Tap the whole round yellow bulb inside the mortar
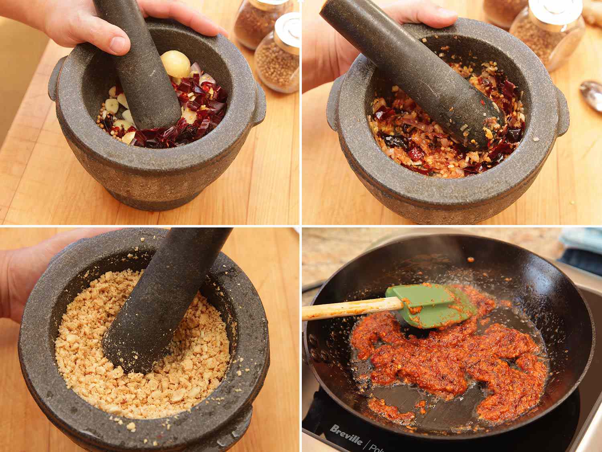(175, 65)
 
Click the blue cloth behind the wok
(582, 241)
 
